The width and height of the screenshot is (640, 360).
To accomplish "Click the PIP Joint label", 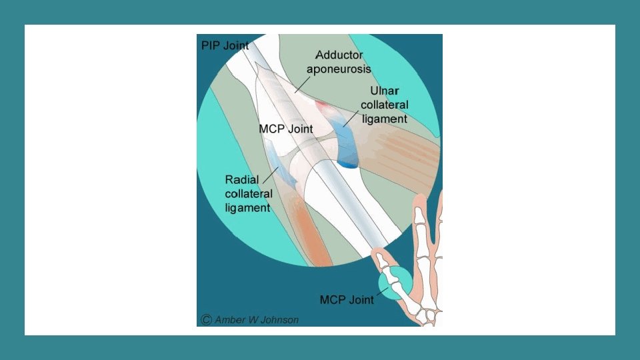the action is click(225, 46).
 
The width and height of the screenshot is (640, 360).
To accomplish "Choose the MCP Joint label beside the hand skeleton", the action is click(347, 299).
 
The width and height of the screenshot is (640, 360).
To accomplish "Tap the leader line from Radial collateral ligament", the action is click(271, 175).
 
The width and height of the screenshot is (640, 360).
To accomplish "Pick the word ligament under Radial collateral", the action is click(247, 207).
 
